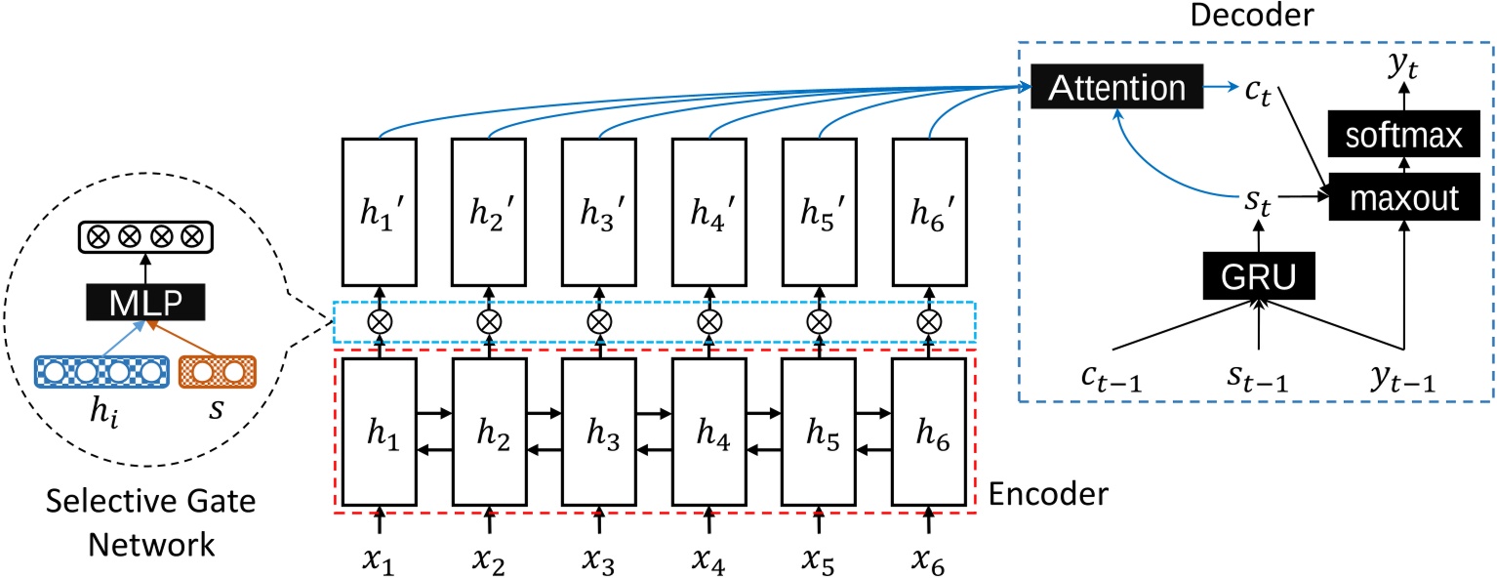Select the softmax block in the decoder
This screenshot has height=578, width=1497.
pos(1404,136)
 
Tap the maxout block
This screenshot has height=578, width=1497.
pos(1404,198)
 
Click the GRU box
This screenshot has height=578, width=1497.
pos(1261,277)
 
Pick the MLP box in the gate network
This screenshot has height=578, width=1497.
pos(145,300)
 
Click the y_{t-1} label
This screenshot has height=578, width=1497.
pos(1405,375)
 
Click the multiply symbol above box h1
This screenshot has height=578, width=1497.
pos(380,321)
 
